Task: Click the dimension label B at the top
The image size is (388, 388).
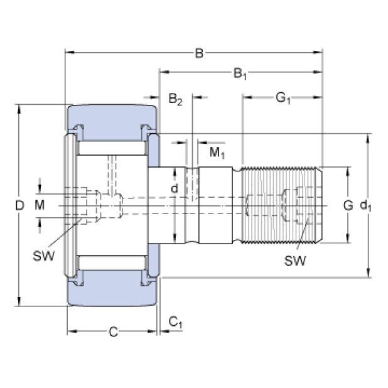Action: [x=198, y=53]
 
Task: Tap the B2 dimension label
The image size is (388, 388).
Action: [x=175, y=100]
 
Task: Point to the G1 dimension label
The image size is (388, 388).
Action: [x=283, y=98]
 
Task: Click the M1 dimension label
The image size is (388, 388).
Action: [x=217, y=153]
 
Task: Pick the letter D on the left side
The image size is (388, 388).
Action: [x=19, y=205]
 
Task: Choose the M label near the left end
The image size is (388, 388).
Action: [x=40, y=205]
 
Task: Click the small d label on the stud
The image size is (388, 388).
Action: [x=175, y=189]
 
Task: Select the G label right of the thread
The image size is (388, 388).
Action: [x=347, y=205]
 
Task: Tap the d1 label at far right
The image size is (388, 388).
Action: [x=365, y=205]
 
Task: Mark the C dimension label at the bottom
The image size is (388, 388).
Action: [x=113, y=331]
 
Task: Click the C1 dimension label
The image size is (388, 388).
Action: [x=175, y=323]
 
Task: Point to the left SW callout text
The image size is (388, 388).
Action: [x=43, y=256]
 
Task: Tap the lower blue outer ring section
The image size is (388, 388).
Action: [x=113, y=291]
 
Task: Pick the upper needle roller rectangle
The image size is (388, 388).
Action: [x=113, y=149]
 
